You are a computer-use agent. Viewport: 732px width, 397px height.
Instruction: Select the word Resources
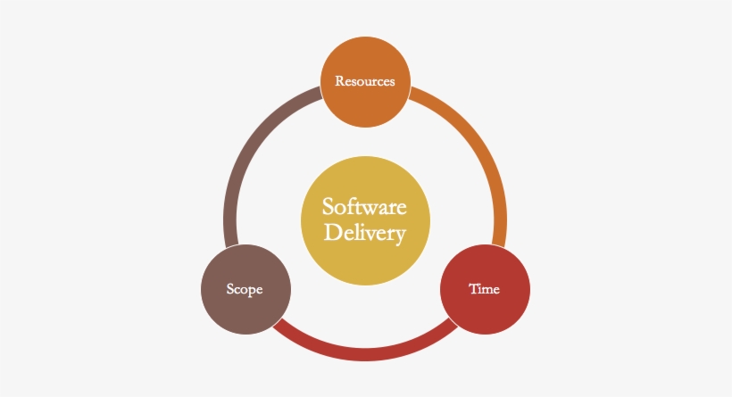[365, 81]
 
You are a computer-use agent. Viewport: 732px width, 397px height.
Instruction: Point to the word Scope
[245, 289]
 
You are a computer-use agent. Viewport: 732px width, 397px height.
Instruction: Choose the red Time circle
[485, 289]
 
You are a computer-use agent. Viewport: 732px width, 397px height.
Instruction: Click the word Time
[485, 289]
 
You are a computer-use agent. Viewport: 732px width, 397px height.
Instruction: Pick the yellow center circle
[365, 221]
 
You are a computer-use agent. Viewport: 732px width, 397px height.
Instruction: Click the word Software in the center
[364, 207]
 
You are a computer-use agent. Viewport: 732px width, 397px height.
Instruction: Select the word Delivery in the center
[364, 234]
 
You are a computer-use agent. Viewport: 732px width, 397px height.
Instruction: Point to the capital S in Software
[328, 207]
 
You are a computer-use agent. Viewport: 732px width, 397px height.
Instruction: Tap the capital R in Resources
[339, 81]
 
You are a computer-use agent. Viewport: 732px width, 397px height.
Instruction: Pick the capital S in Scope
[230, 289]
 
